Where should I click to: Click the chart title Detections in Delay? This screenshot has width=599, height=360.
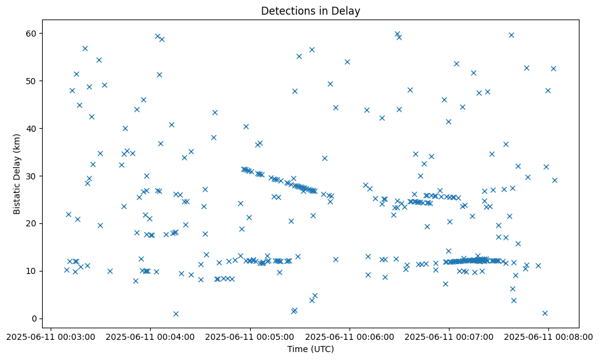[310, 11]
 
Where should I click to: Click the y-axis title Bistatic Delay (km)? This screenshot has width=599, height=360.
[17, 174]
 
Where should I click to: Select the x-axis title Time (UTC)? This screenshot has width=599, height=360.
[310, 349]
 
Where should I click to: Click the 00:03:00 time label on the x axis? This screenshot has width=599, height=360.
[52, 336]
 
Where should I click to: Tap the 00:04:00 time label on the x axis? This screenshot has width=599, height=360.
[151, 336]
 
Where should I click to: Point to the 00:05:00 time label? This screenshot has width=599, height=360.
[251, 336]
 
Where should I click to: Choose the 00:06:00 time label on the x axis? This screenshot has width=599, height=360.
[350, 336]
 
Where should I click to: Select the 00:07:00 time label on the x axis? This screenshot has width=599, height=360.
[450, 336]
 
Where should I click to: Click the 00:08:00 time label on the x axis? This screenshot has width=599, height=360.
[549, 336]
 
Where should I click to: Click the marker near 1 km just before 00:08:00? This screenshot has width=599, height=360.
[545, 313]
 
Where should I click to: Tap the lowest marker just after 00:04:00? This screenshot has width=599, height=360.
[176, 314]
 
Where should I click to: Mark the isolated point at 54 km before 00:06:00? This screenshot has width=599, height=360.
[347, 62]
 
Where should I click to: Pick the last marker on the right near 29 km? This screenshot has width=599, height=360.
[554, 180]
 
